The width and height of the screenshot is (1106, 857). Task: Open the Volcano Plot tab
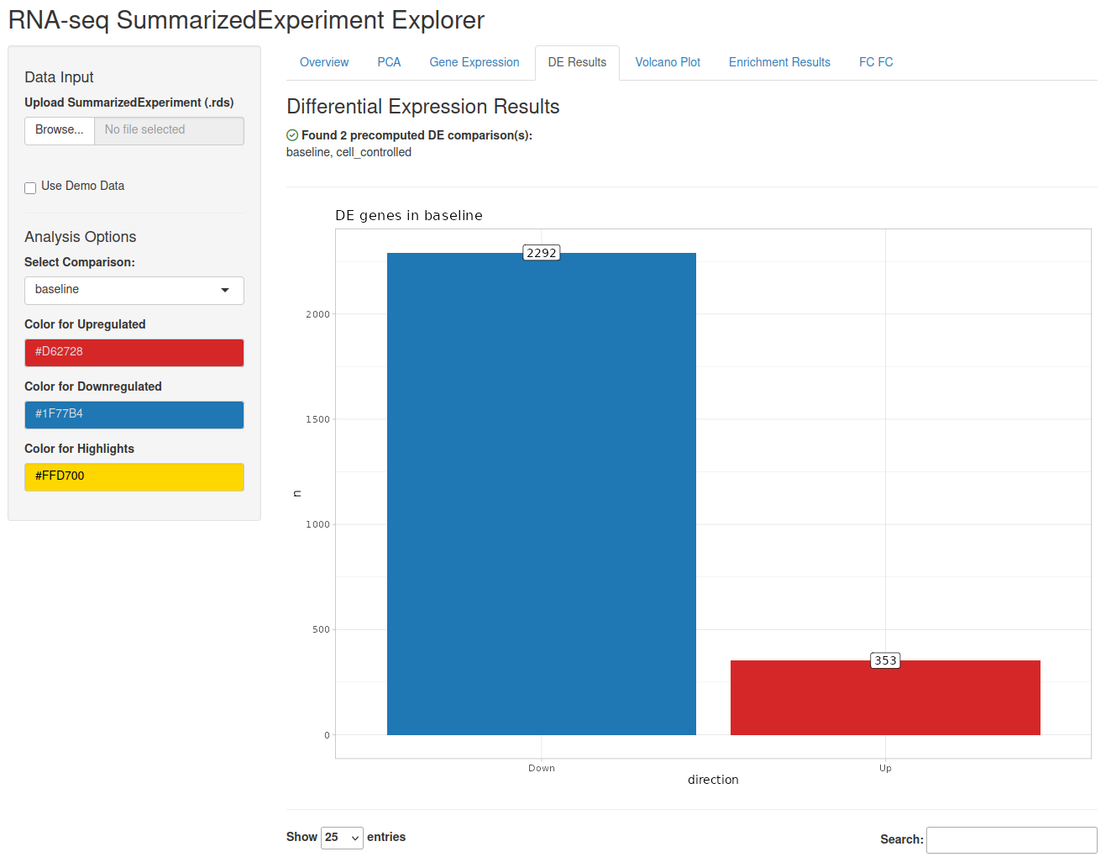667,62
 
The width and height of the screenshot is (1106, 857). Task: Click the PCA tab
388,62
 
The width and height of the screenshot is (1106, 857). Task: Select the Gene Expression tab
474,62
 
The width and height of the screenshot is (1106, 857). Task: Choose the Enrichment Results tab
778,62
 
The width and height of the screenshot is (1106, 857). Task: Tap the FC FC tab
875,62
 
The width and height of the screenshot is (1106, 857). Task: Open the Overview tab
323,62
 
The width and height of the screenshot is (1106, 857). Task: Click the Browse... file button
60,130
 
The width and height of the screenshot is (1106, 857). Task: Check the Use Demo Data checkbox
30,188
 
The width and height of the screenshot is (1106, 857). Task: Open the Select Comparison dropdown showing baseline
134,290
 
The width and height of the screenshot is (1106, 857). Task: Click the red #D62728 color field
134,352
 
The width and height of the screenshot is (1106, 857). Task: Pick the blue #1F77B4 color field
134,414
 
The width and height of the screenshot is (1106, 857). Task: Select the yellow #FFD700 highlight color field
134,476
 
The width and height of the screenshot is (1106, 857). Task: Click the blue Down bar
541,493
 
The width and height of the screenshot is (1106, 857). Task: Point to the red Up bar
884,697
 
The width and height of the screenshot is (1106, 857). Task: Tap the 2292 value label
541,253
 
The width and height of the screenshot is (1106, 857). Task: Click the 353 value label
884,660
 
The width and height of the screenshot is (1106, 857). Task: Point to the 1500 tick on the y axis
317,419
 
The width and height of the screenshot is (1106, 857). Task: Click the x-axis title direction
713,780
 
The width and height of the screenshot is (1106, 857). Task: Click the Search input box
1011,839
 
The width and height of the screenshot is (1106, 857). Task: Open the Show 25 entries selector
342,838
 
